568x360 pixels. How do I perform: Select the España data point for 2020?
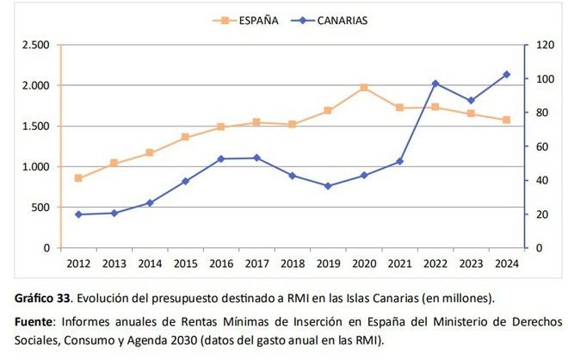point(364,87)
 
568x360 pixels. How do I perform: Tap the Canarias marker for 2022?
point(435,84)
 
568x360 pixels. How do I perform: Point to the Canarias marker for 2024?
point(506,75)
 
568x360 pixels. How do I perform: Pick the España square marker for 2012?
point(78,178)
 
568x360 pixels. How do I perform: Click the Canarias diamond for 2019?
point(328,186)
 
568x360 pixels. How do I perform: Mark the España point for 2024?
point(506,120)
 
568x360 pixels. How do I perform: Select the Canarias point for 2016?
point(221,158)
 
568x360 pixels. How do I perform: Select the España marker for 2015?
point(185,137)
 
